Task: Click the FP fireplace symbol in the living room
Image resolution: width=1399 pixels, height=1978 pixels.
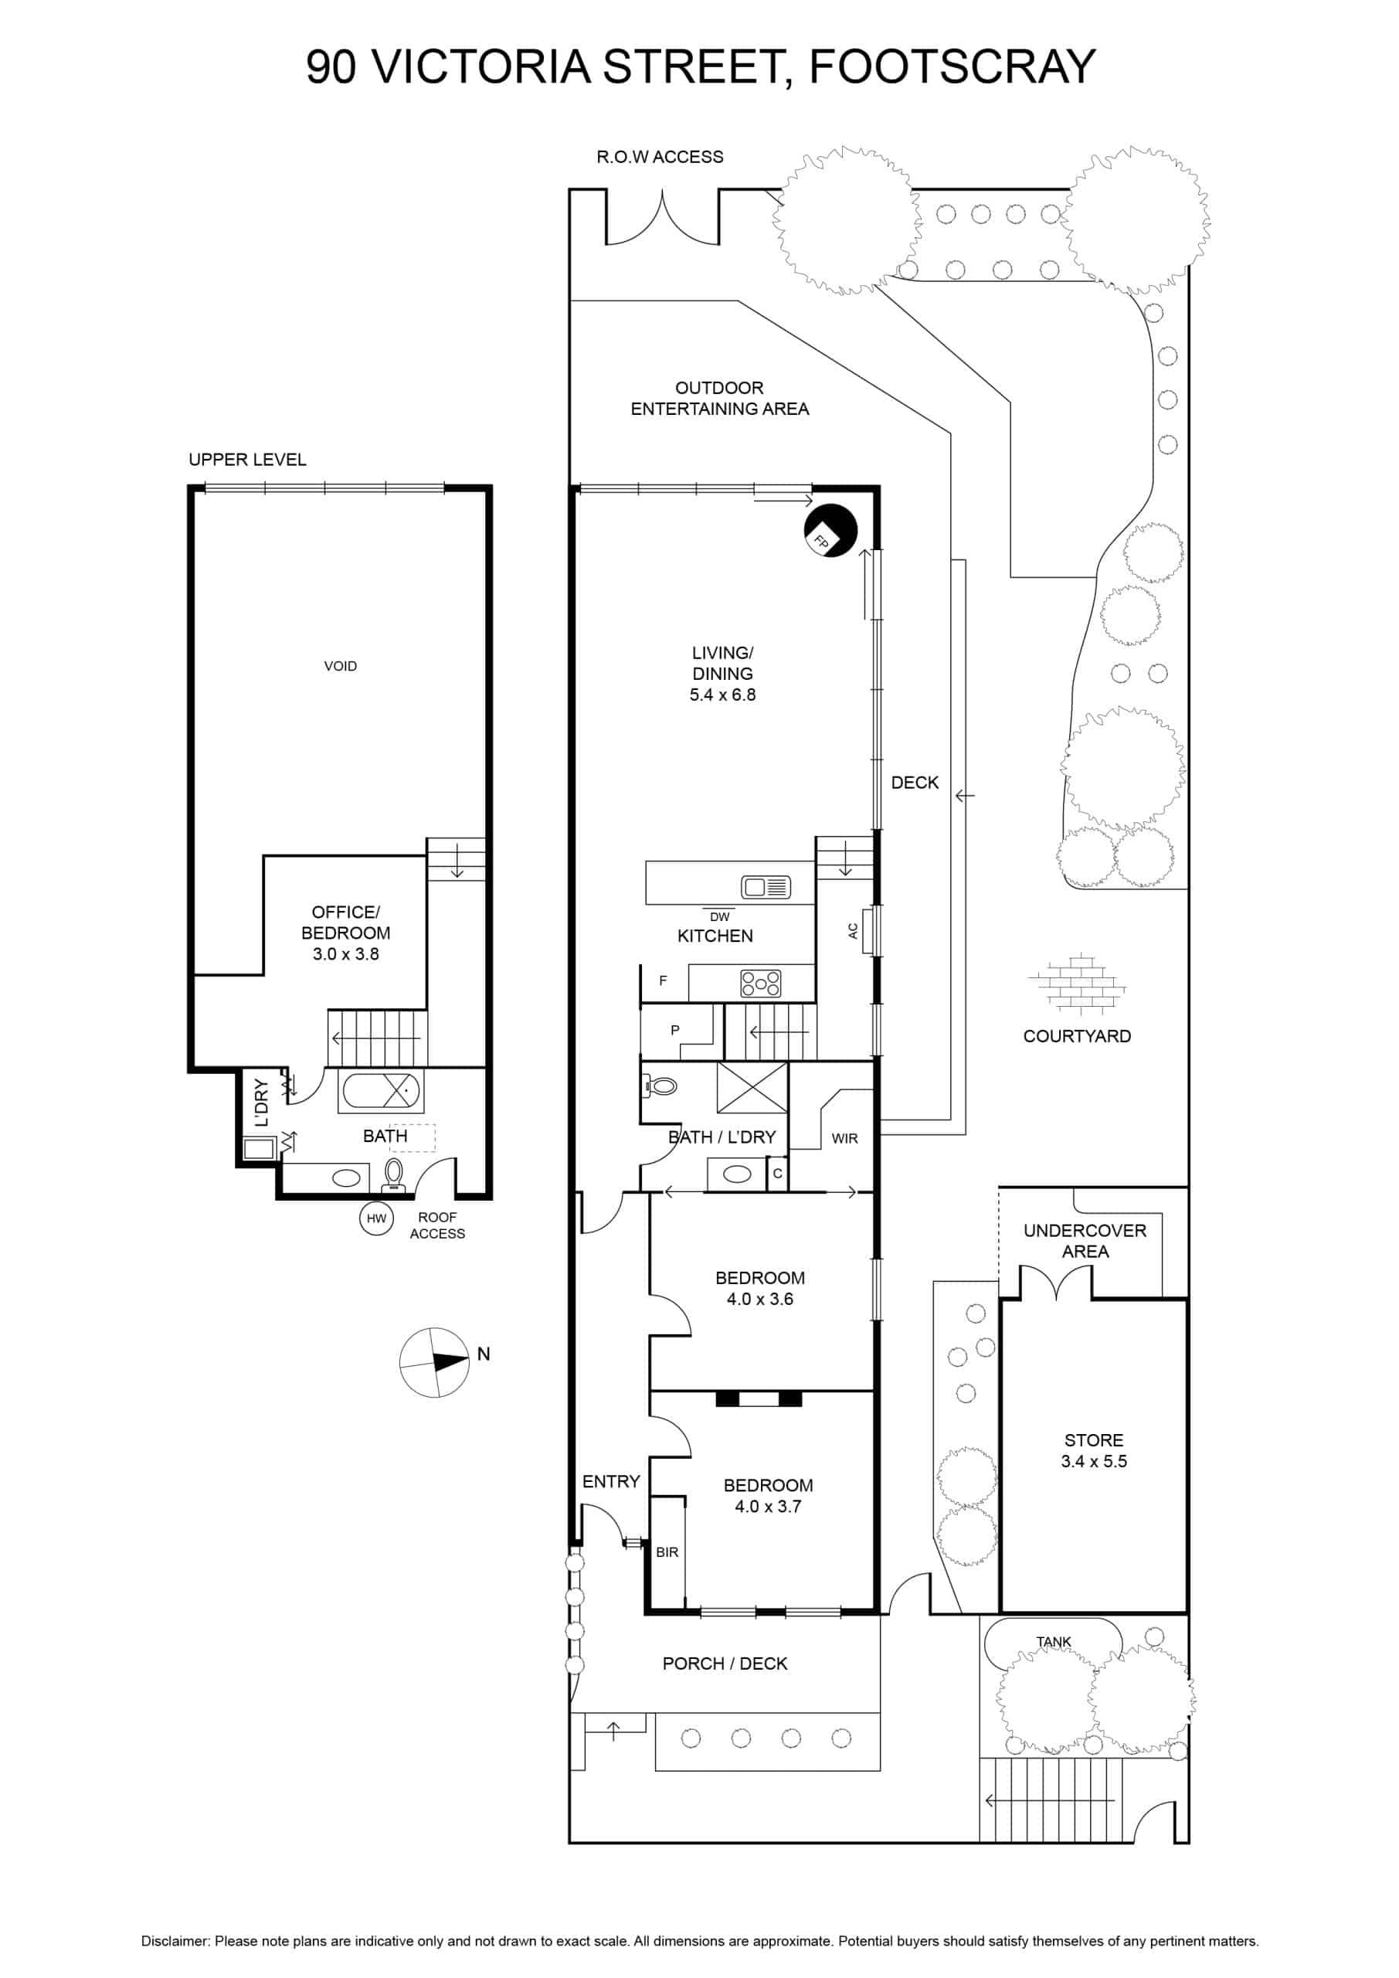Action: click(830, 531)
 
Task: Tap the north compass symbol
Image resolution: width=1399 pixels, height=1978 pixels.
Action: click(435, 1362)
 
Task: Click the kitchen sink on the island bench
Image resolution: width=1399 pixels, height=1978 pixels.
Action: click(766, 886)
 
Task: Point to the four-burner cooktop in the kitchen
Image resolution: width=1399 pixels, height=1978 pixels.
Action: click(762, 984)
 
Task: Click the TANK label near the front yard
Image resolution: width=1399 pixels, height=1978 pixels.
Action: click(1054, 1642)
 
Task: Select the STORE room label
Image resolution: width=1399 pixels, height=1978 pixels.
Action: click(1094, 1440)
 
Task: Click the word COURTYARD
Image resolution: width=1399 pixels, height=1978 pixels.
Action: click(1077, 1036)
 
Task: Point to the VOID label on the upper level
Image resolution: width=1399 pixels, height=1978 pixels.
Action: click(340, 666)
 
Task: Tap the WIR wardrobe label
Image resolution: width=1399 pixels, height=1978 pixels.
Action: click(845, 1139)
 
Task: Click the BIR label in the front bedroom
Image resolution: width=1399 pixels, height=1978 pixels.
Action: click(667, 1552)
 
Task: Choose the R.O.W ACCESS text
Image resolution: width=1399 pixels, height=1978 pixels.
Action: click(660, 157)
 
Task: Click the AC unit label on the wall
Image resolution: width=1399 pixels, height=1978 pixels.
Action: click(853, 931)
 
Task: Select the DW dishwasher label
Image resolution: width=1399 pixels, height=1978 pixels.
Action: click(719, 916)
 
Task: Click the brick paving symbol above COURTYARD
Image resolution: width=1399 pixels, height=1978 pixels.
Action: click(1077, 983)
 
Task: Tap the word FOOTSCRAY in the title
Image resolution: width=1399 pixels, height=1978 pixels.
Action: click(952, 66)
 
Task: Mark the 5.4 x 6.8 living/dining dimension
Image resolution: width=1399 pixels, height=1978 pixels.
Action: click(723, 695)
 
